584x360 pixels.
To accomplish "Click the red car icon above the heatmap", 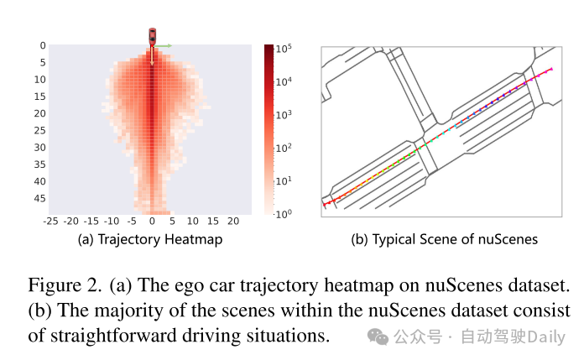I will pyautogui.click(x=152, y=36).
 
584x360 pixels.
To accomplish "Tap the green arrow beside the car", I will pyautogui.click(x=164, y=45).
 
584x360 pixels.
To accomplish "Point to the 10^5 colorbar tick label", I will pyautogui.click(x=283, y=49).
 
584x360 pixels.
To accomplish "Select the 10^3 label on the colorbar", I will pyautogui.click(x=283, y=114).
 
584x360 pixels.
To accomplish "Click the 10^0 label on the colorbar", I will pyautogui.click(x=283, y=214).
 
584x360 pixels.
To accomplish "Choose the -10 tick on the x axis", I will pyautogui.click(x=111, y=222).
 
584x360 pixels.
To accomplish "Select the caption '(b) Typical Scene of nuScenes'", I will pyautogui.click(x=444, y=239).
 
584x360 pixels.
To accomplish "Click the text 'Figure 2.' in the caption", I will pyautogui.click(x=64, y=284).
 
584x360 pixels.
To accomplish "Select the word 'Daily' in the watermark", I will pyautogui.click(x=547, y=337).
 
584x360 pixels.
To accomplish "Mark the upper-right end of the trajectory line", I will pyautogui.click(x=551, y=68).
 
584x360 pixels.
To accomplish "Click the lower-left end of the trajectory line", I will pyautogui.click(x=324, y=204).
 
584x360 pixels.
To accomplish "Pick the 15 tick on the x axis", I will pyautogui.click(x=214, y=222).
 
